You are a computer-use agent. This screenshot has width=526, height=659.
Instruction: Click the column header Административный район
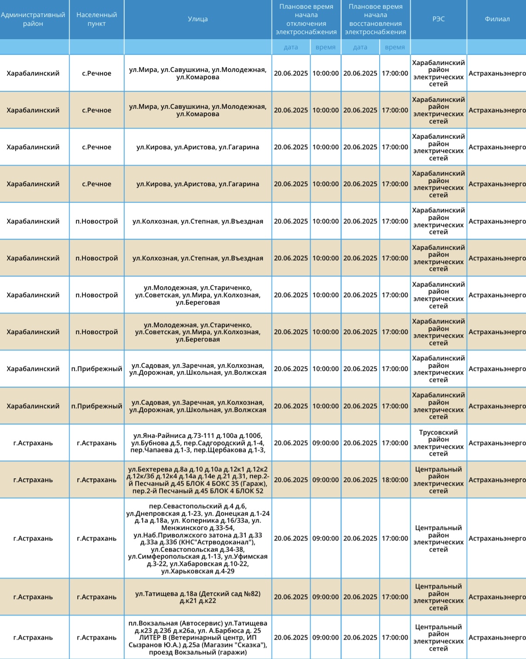(33, 19)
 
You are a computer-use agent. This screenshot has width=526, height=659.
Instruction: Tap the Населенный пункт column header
(97, 19)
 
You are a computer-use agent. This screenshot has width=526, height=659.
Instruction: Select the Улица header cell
(198, 19)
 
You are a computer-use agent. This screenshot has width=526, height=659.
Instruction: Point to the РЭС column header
(438, 19)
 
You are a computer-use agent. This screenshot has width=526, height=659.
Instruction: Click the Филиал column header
(497, 19)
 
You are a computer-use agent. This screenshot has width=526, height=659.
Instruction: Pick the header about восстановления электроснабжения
(376, 19)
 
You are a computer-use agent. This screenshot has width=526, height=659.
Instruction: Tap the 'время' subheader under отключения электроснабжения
(325, 47)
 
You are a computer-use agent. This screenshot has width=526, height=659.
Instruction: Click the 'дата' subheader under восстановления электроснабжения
(360, 47)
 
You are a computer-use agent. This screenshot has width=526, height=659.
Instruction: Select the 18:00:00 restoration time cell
(395, 480)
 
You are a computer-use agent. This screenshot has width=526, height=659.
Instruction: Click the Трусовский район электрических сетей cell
(438, 443)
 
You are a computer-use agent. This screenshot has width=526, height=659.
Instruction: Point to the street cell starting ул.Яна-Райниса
(198, 443)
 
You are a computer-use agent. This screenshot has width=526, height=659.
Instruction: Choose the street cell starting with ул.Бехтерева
(198, 480)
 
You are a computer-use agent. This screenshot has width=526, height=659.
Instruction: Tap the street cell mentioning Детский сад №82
(198, 597)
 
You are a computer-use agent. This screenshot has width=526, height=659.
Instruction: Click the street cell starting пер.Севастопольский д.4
(198, 538)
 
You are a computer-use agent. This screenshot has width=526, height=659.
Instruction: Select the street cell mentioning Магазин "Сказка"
(198, 638)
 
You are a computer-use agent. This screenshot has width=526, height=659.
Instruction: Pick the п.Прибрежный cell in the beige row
(97, 406)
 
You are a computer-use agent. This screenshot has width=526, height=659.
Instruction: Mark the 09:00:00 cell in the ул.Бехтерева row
(325, 480)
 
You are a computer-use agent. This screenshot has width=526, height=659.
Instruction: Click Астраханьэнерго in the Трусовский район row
(497, 443)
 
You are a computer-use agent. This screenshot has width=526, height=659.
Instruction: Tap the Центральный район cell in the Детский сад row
(438, 597)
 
